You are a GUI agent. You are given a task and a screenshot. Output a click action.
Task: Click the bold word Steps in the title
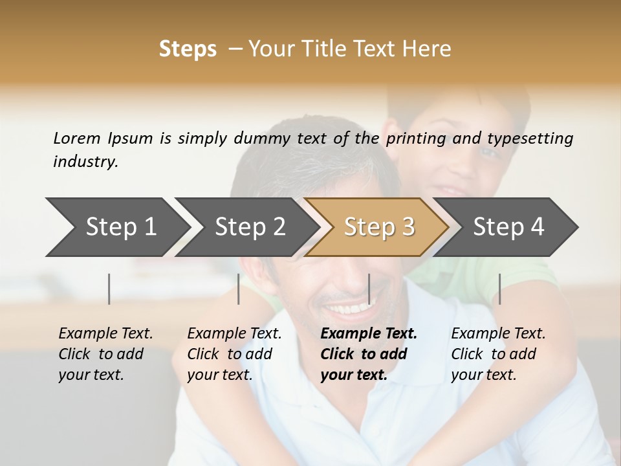188,49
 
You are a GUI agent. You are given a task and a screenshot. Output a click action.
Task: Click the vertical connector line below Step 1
109,289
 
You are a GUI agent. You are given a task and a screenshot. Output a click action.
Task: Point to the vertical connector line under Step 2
239,289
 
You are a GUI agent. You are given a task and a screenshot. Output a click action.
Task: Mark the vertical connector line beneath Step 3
369,289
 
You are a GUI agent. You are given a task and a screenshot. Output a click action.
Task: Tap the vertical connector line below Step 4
499,289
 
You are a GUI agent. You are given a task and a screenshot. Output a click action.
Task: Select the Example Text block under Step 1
105,354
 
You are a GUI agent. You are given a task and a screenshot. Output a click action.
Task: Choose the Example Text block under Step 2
234,354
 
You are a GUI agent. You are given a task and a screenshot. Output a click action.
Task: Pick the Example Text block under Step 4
498,354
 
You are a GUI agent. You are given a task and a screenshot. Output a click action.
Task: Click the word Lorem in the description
76,138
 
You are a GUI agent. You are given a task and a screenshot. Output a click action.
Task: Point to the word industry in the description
85,161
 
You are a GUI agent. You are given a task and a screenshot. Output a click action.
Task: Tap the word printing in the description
416,138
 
